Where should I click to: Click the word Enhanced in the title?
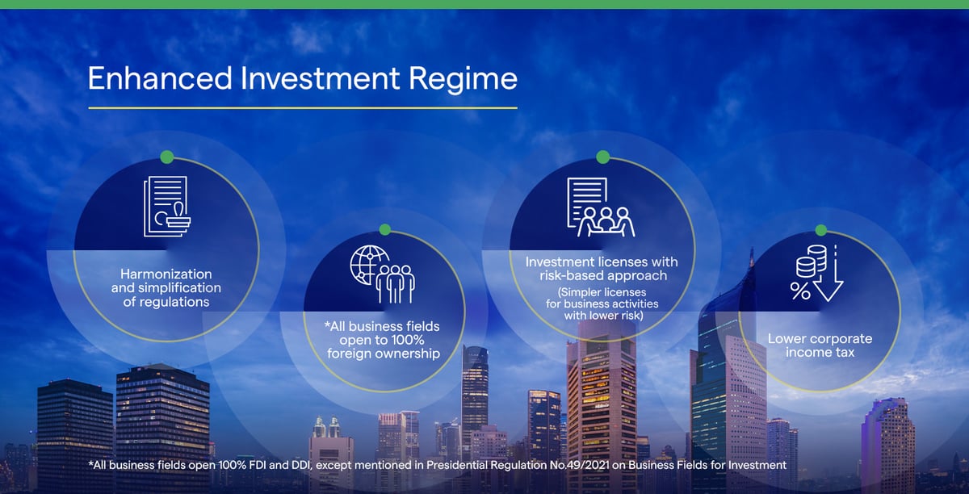[x=160, y=78]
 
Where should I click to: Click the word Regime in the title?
[x=463, y=80]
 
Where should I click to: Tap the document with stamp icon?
[x=167, y=206]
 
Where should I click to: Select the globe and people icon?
[x=383, y=274]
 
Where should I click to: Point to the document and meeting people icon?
[x=601, y=207]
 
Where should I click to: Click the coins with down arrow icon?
[x=817, y=273]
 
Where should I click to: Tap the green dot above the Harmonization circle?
[x=167, y=157]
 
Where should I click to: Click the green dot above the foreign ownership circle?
[x=384, y=230]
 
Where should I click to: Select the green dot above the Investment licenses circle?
[x=603, y=157]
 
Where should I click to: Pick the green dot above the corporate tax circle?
[x=820, y=230]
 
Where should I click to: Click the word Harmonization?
[x=166, y=274]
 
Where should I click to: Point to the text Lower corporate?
[x=820, y=339]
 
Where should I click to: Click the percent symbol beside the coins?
[x=800, y=291]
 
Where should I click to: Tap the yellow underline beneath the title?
[x=303, y=107]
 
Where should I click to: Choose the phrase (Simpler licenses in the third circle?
[x=602, y=292]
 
